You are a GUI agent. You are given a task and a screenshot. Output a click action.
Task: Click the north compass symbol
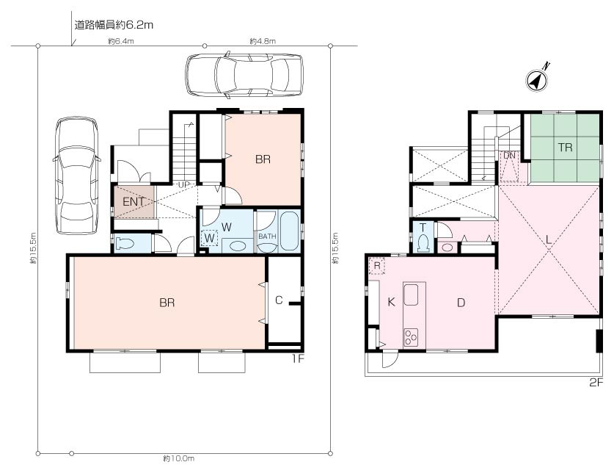[537, 79]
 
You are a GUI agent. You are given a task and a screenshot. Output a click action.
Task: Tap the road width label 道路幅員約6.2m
[114, 26]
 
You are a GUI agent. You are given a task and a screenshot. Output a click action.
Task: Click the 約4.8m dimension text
[263, 41]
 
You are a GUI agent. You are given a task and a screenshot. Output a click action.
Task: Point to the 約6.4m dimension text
[121, 41]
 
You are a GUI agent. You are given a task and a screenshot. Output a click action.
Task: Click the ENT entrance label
[134, 201]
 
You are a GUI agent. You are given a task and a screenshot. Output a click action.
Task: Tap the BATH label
[267, 236]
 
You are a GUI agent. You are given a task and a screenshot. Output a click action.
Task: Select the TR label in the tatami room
[565, 148]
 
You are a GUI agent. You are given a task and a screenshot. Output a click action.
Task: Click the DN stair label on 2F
[509, 155]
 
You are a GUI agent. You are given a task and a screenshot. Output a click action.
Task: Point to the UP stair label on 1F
[184, 184]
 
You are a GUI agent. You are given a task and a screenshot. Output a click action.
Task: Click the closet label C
[279, 300]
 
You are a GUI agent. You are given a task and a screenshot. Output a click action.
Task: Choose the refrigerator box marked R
[377, 266]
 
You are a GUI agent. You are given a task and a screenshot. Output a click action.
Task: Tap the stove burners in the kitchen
[411, 337]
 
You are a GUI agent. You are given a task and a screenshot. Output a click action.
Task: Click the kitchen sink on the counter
[411, 294]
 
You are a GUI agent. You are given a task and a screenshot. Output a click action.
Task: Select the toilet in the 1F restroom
[125, 244]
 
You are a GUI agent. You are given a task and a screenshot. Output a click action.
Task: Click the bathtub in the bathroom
[290, 231]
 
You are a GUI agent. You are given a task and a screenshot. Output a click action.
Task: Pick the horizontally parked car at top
[244, 74]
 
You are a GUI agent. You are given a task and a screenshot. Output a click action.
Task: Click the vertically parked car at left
[77, 176]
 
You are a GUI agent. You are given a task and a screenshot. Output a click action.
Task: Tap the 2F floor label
[596, 383]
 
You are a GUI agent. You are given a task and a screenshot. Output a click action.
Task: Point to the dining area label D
[461, 303]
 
